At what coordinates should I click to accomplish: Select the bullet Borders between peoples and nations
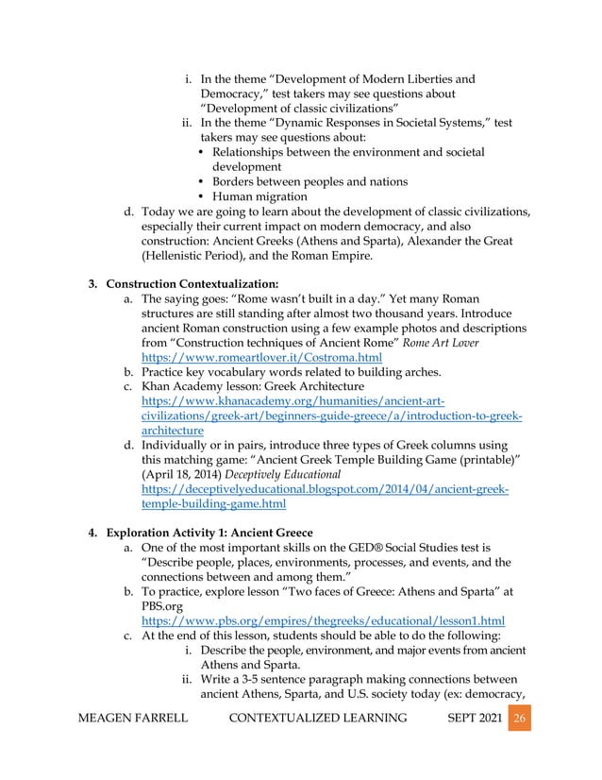click(x=310, y=181)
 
